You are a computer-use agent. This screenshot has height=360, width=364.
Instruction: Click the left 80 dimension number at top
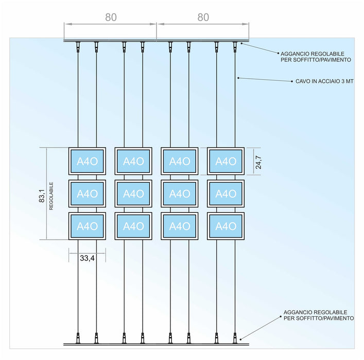[x=111, y=17]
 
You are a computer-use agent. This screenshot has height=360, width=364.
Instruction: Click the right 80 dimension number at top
[x=203, y=17]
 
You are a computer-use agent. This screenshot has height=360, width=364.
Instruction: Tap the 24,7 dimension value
[x=258, y=160]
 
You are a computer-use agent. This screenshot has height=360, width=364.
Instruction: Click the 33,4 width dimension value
[x=87, y=259]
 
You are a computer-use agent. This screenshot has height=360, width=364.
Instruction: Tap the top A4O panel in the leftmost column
[x=87, y=161]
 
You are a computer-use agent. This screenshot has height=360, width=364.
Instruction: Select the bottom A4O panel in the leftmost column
[x=87, y=226]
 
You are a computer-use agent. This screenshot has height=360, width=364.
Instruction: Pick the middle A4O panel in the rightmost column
[x=226, y=193]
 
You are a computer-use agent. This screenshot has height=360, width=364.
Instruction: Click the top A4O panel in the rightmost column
[x=226, y=161]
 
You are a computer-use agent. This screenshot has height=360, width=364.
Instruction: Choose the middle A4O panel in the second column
[x=133, y=193]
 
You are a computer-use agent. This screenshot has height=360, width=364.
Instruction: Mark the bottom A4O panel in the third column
[x=179, y=226]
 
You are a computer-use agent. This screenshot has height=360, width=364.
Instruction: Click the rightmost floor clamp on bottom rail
[x=235, y=338]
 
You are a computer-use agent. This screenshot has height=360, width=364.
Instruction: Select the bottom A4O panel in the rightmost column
[x=226, y=226]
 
